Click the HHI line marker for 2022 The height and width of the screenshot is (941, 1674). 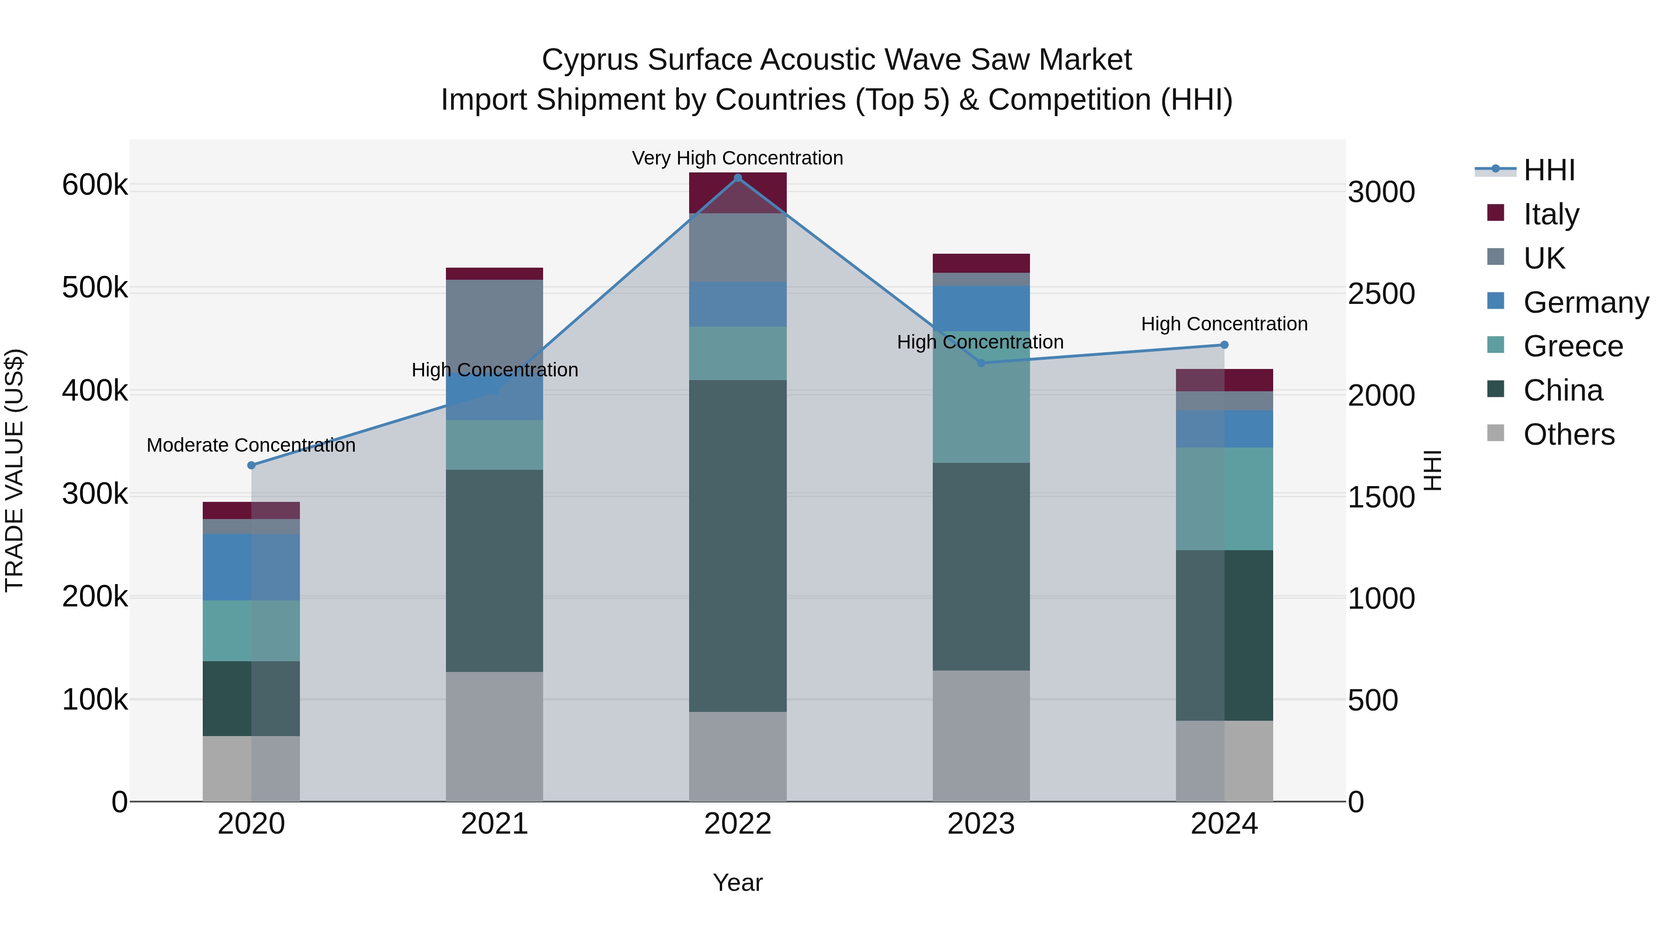coord(737,178)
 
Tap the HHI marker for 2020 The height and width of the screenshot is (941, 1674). coord(252,465)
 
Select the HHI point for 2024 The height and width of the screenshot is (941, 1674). coord(1224,345)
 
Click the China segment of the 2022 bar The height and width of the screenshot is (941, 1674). coord(737,546)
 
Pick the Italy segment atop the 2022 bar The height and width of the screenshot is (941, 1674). coord(737,192)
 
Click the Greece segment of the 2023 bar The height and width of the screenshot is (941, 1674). coord(981,397)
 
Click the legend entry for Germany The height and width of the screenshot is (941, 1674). coord(1586,303)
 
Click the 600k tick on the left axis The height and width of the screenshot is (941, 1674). coord(95,185)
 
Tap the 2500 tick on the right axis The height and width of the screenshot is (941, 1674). coord(1382,294)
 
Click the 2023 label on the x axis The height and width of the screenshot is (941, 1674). coord(981,824)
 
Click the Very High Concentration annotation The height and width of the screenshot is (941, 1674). coord(737,158)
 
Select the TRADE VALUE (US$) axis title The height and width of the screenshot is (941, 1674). coord(14,470)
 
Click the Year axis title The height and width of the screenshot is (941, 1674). coord(737,882)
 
